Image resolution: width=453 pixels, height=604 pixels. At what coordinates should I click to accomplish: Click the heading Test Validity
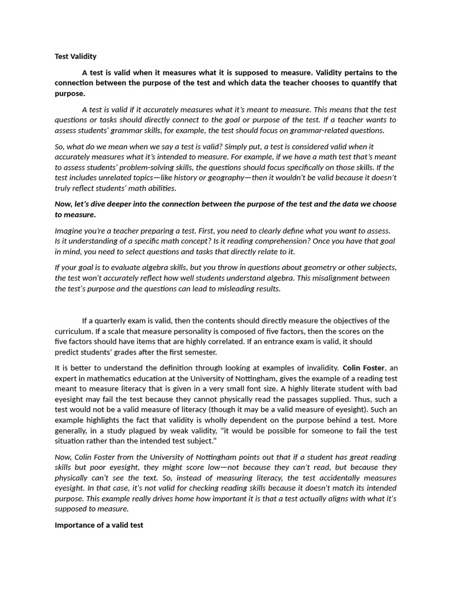tap(75, 57)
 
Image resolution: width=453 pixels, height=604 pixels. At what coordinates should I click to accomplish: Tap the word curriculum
tap(74, 331)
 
